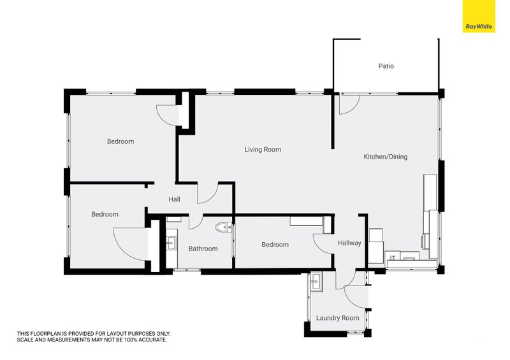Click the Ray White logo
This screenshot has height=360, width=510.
(479, 17)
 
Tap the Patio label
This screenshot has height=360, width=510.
(386, 66)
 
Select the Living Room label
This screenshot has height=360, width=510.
(263, 149)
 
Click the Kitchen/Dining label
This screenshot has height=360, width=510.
(386, 157)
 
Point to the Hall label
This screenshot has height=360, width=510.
(174, 199)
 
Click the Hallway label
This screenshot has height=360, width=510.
(349, 243)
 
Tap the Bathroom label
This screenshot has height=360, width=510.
(203, 248)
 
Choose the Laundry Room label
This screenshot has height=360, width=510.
(338, 318)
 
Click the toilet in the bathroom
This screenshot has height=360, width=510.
(224, 227)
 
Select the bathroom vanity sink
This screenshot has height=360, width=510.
(171, 242)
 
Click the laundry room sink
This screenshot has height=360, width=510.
(316, 281)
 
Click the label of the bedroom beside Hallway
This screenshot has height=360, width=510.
(275, 245)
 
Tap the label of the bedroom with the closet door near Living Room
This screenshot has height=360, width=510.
(120, 141)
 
